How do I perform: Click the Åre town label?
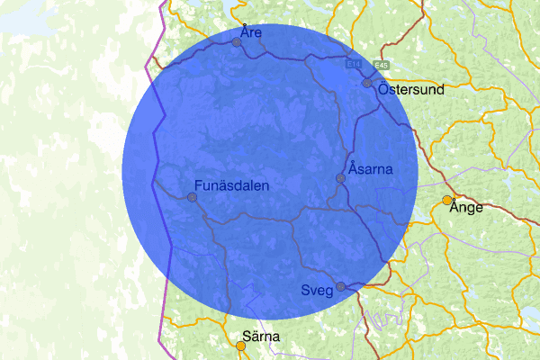pyautogui.click(x=251, y=32)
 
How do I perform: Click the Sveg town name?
pyautogui.click(x=317, y=289)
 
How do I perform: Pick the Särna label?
pyautogui.click(x=261, y=337)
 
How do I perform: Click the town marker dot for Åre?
pyautogui.click(x=236, y=42)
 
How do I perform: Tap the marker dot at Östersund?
pyautogui.click(x=367, y=83)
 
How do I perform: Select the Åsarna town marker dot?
pyautogui.click(x=340, y=179)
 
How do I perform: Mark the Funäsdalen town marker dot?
pyautogui.click(x=192, y=197)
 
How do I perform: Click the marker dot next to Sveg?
pyautogui.click(x=340, y=287)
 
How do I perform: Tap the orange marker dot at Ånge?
pyautogui.click(x=447, y=200)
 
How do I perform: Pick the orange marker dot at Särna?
pyautogui.click(x=241, y=345)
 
